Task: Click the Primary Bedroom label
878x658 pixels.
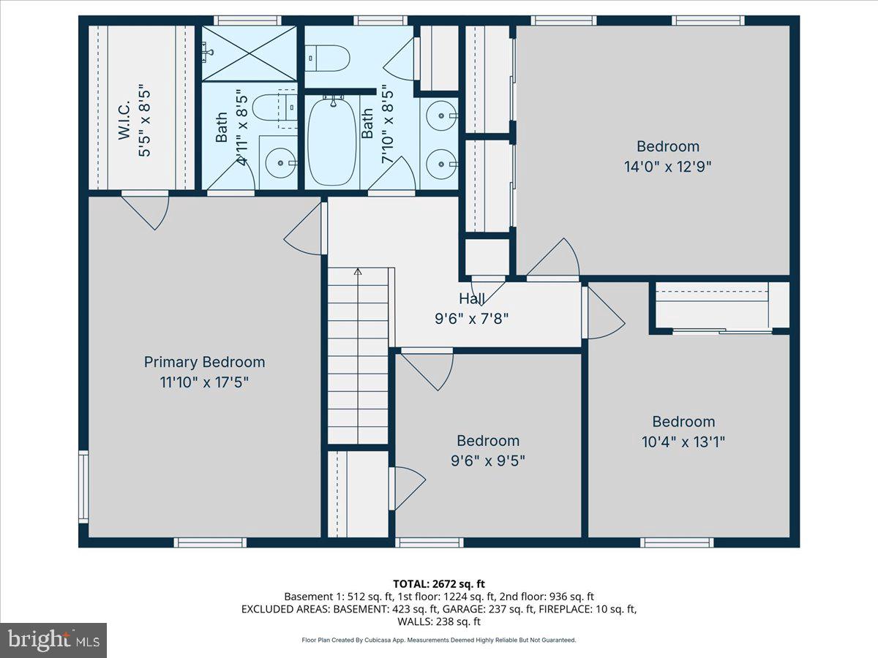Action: point(204,362)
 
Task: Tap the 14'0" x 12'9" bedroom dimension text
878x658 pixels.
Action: point(667,166)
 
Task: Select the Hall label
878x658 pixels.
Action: point(471,298)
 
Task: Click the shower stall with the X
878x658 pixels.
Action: point(249,53)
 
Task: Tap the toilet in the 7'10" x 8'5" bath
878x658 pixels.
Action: point(327,58)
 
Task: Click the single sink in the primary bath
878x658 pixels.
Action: point(278,163)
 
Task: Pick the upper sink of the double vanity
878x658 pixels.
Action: point(442,116)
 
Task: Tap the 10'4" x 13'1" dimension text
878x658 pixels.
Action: point(683,442)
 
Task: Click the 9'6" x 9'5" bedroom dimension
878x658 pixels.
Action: point(488,461)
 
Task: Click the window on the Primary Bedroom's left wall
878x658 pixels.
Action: point(83,486)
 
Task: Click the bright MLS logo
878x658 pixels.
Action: point(53,640)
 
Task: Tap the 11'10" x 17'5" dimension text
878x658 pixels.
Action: point(204,382)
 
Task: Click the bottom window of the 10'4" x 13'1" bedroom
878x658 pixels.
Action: point(677,542)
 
